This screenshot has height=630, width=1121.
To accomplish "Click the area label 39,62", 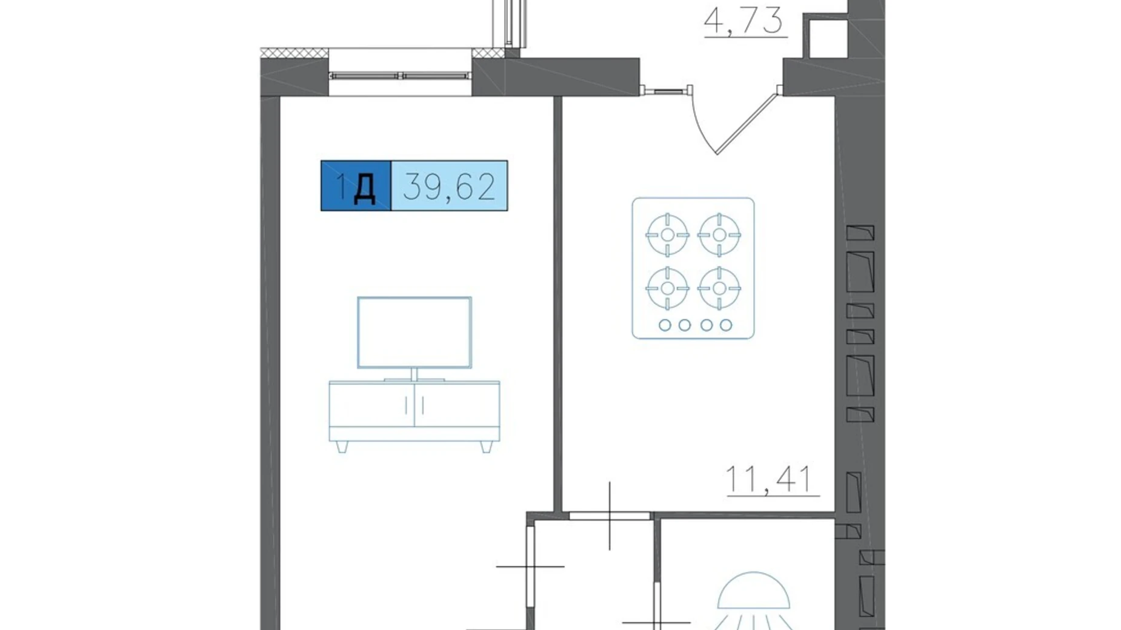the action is (449, 186).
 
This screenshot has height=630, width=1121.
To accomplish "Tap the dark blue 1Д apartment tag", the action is (356, 186).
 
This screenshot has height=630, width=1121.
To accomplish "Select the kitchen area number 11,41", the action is (768, 479).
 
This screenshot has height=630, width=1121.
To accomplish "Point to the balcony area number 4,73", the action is (743, 20).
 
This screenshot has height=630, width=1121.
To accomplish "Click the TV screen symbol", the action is (414, 333).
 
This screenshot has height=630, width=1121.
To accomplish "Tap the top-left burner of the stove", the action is (667, 234).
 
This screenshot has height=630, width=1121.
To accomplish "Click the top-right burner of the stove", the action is (719, 234).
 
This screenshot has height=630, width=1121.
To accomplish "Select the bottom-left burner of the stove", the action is (667, 288).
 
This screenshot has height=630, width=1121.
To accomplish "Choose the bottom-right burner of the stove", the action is (719, 288).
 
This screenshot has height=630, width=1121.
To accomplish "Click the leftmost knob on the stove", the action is (665, 325).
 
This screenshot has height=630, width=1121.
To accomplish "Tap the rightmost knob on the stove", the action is (726, 325).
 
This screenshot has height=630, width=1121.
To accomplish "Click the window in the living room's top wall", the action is (400, 76).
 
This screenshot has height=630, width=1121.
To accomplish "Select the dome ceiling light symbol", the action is (754, 590).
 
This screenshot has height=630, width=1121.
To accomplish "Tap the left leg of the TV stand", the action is (342, 447).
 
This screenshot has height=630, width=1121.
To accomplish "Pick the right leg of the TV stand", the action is (485, 447).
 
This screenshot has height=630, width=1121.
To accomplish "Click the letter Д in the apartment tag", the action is (364, 188).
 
